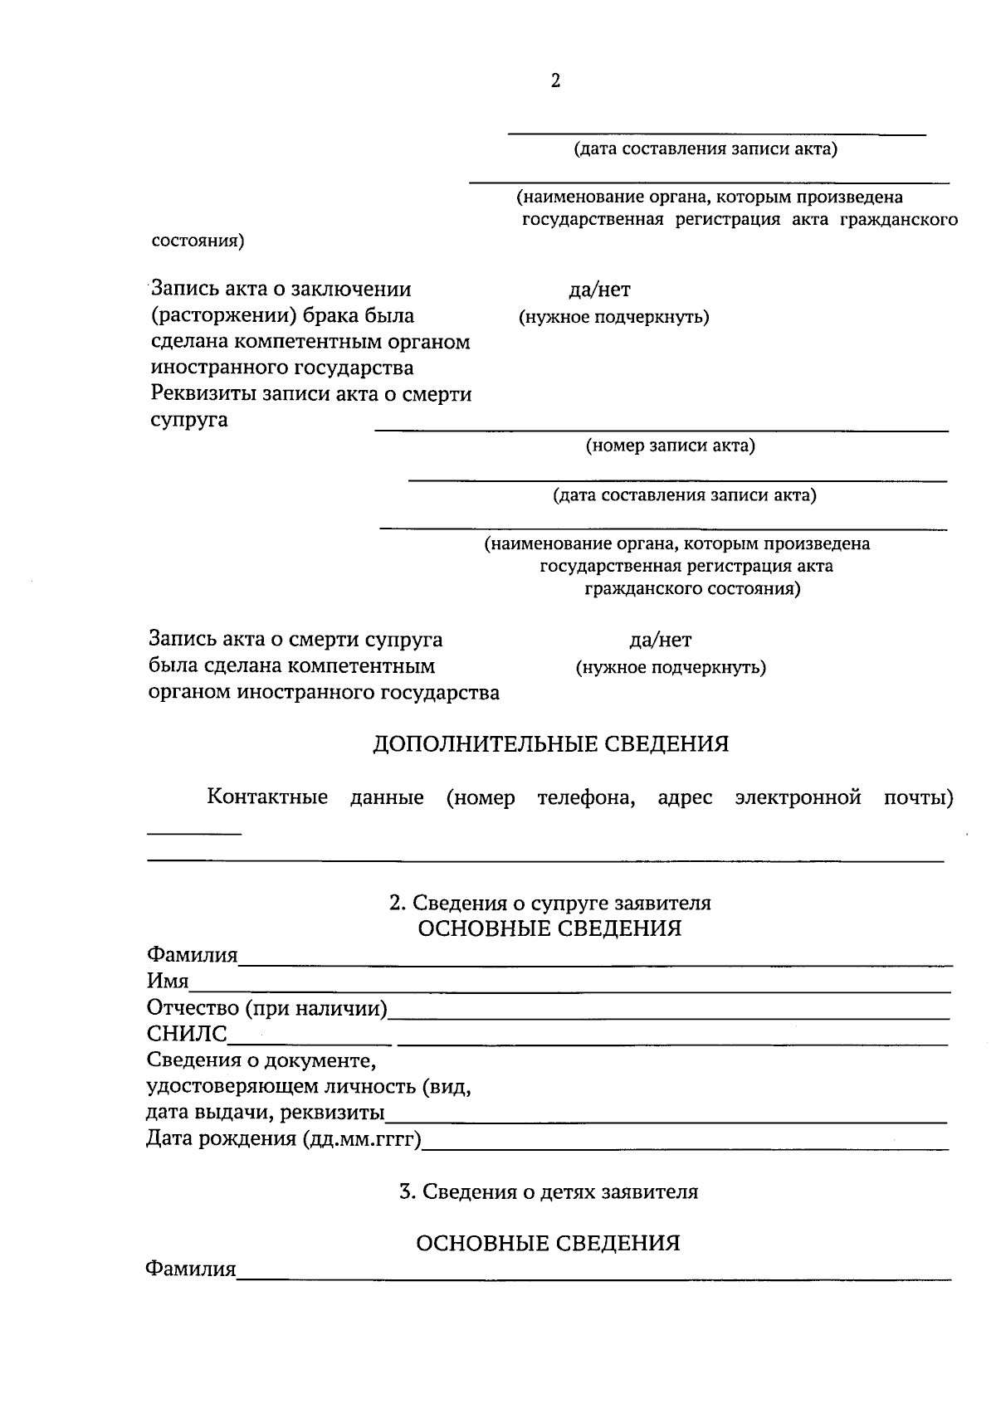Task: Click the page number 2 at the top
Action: [x=555, y=80]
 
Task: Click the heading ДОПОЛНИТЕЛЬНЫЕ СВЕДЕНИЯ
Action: [x=550, y=743]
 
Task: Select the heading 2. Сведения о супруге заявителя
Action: [x=549, y=903]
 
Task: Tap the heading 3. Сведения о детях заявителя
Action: [x=549, y=1191]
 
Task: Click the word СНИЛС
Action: [x=187, y=1034]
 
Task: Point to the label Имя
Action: [x=168, y=982]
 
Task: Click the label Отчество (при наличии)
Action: [x=267, y=1008]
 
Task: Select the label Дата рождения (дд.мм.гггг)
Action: [x=283, y=1138]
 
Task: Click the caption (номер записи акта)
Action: [x=671, y=446]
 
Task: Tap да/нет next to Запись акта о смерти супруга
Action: [x=660, y=640]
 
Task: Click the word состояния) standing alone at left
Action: [x=198, y=241]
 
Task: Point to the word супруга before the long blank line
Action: [x=189, y=420]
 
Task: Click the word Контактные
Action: [x=266, y=798]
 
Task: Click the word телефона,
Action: [x=586, y=798]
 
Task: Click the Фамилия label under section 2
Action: [x=192, y=955]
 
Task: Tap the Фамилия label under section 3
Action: [x=191, y=1269]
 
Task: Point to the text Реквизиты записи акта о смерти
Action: [x=311, y=394]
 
